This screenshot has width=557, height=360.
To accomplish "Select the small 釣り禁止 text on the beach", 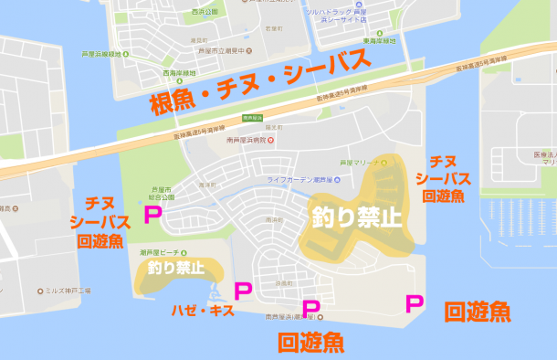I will [x=176, y=269].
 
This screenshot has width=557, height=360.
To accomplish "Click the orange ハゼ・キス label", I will [x=203, y=311].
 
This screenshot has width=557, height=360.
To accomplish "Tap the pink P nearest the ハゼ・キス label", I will [x=243, y=292].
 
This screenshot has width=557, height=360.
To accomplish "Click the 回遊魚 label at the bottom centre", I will [x=310, y=343].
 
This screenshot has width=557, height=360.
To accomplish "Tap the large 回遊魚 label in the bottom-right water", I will [x=477, y=312].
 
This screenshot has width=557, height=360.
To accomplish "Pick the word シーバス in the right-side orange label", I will [x=446, y=177].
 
